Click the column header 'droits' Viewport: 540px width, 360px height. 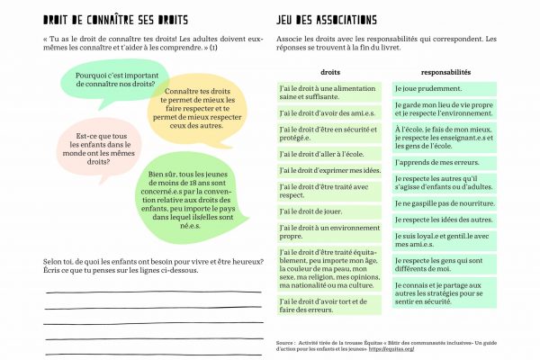329,71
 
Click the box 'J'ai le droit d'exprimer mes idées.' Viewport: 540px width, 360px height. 329,170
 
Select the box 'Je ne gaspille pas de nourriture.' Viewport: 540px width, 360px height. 445,203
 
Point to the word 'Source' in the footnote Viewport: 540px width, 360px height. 287,343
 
